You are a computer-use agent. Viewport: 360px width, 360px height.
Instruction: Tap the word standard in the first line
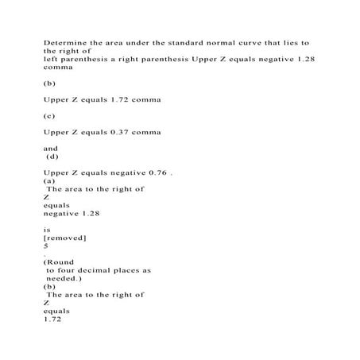coord(172,39)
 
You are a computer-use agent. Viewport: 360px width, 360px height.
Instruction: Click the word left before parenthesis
coord(51,58)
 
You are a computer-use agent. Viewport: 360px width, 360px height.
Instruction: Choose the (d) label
coord(54,157)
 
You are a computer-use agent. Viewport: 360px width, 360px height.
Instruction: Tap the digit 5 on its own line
coord(46,246)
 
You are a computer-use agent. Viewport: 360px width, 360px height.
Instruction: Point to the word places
coord(136,271)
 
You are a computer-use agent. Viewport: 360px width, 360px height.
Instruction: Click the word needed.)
coord(64,279)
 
